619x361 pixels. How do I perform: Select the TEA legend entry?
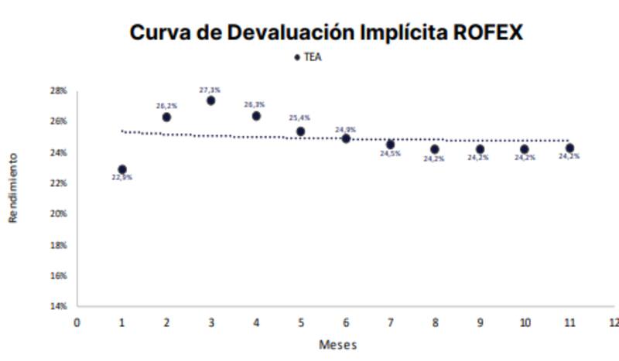point(308,58)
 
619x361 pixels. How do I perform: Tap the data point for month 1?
point(122,169)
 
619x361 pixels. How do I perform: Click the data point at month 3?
point(210,100)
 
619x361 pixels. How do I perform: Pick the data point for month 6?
point(346,138)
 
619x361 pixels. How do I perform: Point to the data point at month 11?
point(569,148)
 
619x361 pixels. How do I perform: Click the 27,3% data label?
point(210,90)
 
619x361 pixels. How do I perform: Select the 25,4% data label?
point(299,118)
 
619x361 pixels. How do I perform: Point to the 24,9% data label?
point(345,129)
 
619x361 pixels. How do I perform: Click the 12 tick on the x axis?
point(614,322)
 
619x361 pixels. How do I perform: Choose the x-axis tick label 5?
point(300,322)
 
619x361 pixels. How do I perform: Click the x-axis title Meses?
point(338,344)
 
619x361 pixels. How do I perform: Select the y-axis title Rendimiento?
point(13,188)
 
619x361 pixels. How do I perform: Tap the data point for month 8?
point(435,149)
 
